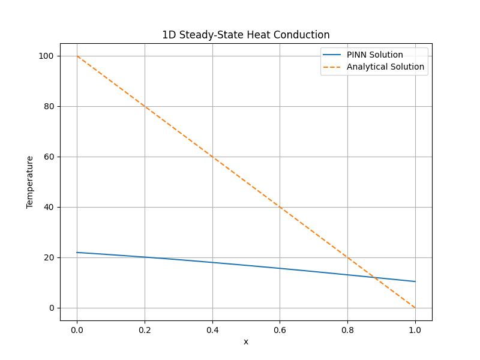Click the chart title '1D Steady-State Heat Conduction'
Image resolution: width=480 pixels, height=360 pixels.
pyautogui.click(x=245, y=35)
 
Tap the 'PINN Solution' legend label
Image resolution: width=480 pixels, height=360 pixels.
pyautogui.click(x=374, y=55)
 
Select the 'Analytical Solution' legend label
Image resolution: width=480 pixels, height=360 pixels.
pyautogui.click(x=385, y=67)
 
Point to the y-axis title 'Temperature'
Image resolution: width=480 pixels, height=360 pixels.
pyautogui.click(x=30, y=182)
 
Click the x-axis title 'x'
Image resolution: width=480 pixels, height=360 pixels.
pyautogui.click(x=245, y=341)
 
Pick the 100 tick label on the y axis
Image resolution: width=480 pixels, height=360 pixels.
pyautogui.click(x=47, y=56)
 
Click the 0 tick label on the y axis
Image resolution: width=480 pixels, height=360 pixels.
pyautogui.click(x=52, y=308)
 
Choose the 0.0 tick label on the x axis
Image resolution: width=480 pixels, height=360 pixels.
pyautogui.click(x=77, y=329)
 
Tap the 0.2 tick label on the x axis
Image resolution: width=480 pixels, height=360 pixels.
pyautogui.click(x=145, y=329)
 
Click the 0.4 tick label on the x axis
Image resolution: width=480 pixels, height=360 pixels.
pyautogui.click(x=212, y=329)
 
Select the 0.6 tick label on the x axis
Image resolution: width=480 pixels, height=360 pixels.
pyautogui.click(x=280, y=329)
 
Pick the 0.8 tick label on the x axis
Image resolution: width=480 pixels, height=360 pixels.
pyautogui.click(x=347, y=329)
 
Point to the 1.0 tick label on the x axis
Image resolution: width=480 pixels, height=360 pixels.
pyautogui.click(x=415, y=329)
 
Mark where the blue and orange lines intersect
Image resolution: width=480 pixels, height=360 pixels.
pyautogui.click(x=375, y=278)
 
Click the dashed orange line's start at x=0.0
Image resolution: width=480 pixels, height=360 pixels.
pyautogui.click(x=77, y=56)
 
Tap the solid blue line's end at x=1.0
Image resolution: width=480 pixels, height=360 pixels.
pyautogui.click(x=415, y=281)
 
